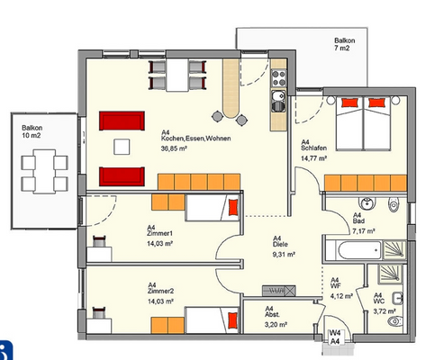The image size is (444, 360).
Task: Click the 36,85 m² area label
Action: click(175, 148)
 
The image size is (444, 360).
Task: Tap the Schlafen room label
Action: click(313, 148)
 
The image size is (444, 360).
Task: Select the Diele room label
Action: click(280, 245)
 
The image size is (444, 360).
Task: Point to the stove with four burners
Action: click(279, 78)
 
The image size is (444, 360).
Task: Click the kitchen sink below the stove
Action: click(278, 102)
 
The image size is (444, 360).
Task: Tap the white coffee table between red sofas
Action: click(122, 147)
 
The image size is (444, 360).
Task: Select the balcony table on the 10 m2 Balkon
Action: click(44, 171)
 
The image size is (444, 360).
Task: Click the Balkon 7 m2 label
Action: click(344, 44)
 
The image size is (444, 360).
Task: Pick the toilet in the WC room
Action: click(395, 321)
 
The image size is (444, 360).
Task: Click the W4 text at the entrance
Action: click(335, 333)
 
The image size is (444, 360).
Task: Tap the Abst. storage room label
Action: click(272, 315)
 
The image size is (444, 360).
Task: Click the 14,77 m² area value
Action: click(313, 158)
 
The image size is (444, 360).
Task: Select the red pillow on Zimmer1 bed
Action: click(233, 208)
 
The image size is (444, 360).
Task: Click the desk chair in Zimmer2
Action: click(98, 312)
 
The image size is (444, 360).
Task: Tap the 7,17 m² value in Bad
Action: click(364, 231)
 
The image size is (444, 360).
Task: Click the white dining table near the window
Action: click(177, 75)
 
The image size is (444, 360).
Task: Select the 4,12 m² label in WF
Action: click(341, 296)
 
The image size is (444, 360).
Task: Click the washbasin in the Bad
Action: click(367, 203)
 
